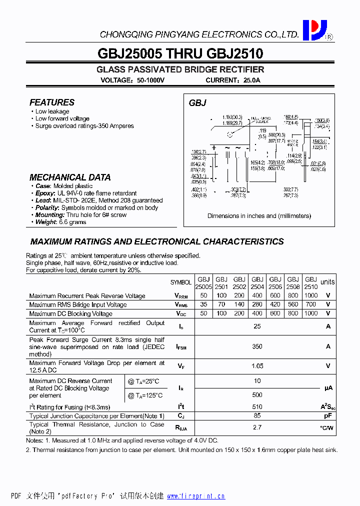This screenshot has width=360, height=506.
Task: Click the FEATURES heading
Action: click(51, 102)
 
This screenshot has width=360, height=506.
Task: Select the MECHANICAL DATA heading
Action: click(70, 177)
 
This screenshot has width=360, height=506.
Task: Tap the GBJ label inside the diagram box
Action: click(197, 103)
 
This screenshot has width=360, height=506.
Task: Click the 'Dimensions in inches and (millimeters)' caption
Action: click(259, 216)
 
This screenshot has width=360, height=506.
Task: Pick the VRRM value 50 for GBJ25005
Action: click(203, 295)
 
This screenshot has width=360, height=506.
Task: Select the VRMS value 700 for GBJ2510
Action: click(310, 304)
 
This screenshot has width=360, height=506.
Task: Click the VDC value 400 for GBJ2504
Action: click(257, 313)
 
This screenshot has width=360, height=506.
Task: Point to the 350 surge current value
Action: click(257, 346)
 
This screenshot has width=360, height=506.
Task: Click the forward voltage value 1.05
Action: click(257, 366)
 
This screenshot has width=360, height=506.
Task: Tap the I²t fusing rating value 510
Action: click(257, 407)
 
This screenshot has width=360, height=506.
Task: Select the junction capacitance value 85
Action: click(257, 416)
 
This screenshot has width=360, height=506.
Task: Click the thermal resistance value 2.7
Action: click(257, 428)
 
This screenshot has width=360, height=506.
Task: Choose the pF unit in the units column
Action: click(328, 416)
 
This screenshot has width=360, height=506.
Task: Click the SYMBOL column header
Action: click(181, 282)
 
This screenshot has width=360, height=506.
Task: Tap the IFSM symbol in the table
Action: click(181, 346)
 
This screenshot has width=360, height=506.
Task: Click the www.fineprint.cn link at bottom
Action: click(195, 496)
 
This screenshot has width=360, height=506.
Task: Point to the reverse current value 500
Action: click(257, 395)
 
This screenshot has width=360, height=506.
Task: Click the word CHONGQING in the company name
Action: click(123, 34)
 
